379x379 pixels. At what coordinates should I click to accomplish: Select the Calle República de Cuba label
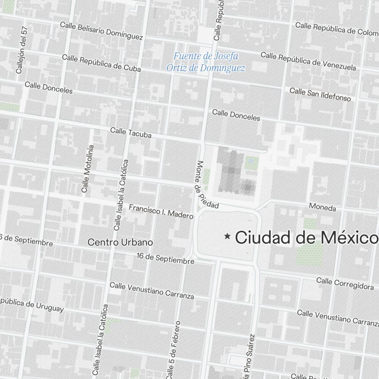point(101,63)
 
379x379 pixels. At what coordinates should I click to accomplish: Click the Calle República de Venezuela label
point(308,61)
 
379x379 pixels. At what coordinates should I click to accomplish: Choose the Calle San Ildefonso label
point(320,94)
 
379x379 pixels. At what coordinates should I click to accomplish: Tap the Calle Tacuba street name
point(131,133)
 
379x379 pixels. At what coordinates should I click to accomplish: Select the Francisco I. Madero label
point(161,211)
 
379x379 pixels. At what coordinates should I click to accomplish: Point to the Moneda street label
point(323,207)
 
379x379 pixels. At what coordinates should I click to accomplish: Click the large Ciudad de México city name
point(307,238)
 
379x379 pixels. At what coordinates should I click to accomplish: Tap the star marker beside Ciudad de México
point(227,236)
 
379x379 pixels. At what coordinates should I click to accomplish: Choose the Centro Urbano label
point(120,242)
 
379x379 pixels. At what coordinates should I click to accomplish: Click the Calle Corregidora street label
point(345,283)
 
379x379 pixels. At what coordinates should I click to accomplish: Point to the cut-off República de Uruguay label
point(32,305)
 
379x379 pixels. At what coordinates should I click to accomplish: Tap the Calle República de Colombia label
point(337,28)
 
